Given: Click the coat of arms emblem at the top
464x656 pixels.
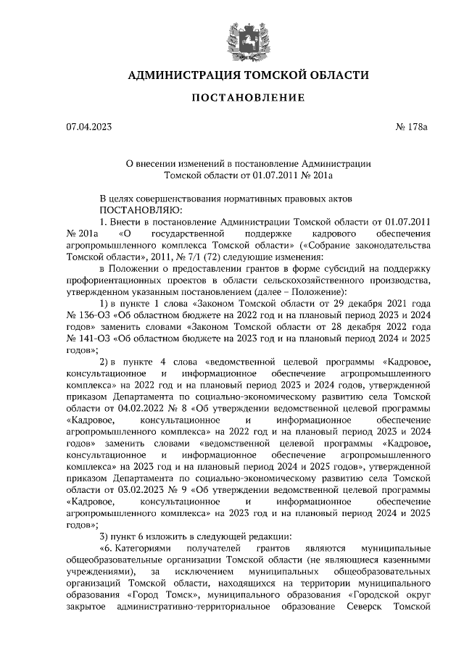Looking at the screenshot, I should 233,34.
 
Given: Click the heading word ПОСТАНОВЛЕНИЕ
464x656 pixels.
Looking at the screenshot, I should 233,97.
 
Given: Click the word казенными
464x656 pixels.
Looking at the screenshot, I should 398,560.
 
